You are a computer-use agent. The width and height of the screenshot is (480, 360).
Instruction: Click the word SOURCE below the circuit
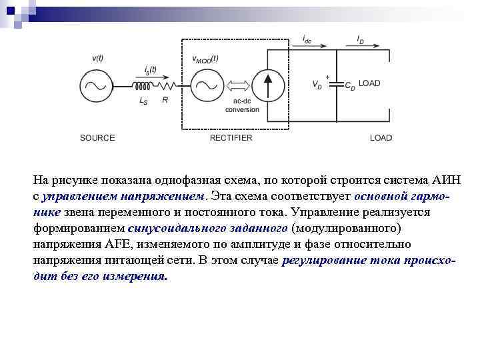pos(97,138)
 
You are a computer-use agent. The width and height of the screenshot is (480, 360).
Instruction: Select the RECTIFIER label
pos(231,138)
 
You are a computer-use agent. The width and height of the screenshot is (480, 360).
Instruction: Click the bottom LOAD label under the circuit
pos(381,138)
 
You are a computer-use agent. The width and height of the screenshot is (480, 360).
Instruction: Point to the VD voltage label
pos(317,85)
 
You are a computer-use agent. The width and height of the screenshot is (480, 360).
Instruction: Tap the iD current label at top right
pos(360,39)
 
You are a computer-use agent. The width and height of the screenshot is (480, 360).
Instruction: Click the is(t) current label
pos(150,70)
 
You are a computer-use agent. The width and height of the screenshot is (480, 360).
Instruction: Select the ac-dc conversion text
pos(241,105)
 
